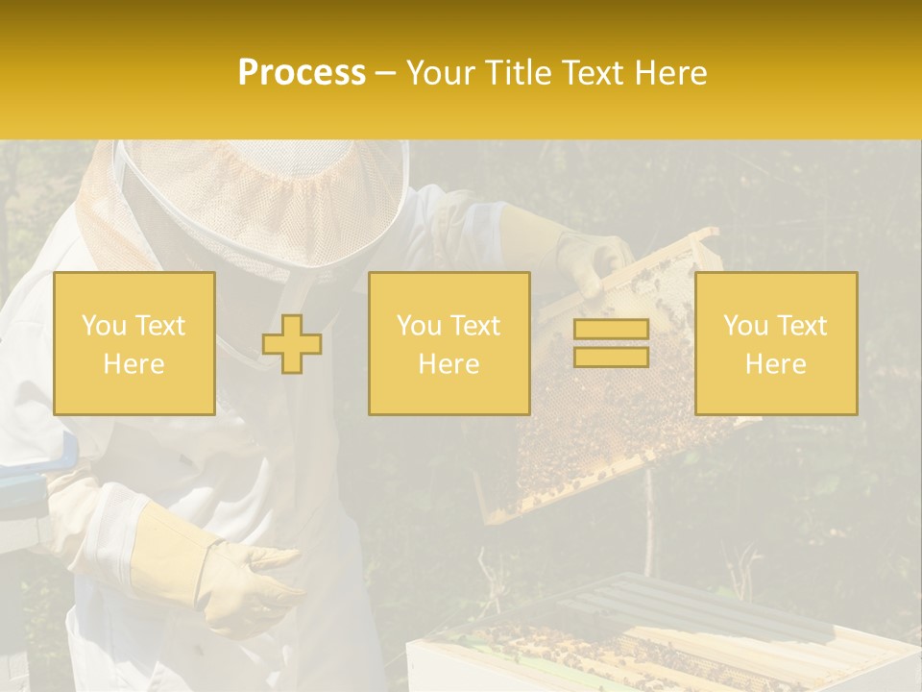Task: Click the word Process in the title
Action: tap(302, 73)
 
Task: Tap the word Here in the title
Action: tap(669, 73)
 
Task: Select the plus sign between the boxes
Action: tap(292, 344)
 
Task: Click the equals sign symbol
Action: tap(611, 343)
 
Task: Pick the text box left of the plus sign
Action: tap(133, 344)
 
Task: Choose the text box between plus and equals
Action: tap(449, 344)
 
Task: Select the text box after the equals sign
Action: tap(775, 344)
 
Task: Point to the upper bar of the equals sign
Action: tap(611, 330)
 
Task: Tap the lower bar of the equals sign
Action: tap(611, 357)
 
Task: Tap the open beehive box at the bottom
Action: tap(663, 644)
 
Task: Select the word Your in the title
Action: tap(443, 73)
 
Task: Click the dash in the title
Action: tap(386, 73)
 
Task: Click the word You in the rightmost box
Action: tap(744, 326)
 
